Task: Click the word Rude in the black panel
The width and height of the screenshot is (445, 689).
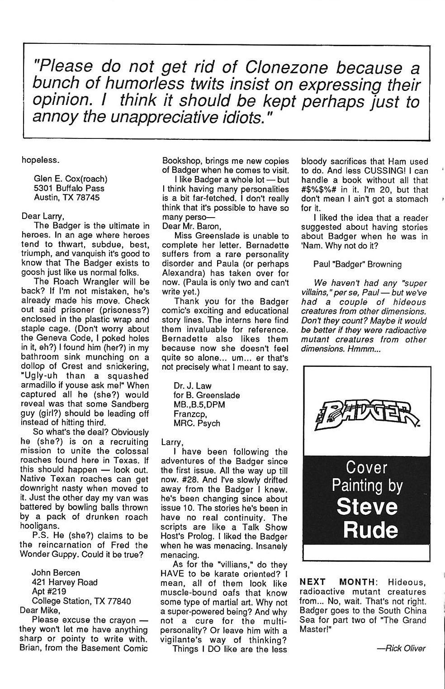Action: click(x=365, y=530)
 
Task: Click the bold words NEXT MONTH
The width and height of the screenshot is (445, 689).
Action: click(x=336, y=582)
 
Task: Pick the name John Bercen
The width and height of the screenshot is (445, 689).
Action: click(x=56, y=573)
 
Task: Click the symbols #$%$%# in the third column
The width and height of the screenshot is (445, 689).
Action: click(x=322, y=190)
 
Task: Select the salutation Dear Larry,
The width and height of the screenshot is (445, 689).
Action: click(x=42, y=216)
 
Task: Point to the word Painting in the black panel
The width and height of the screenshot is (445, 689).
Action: click(x=367, y=485)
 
